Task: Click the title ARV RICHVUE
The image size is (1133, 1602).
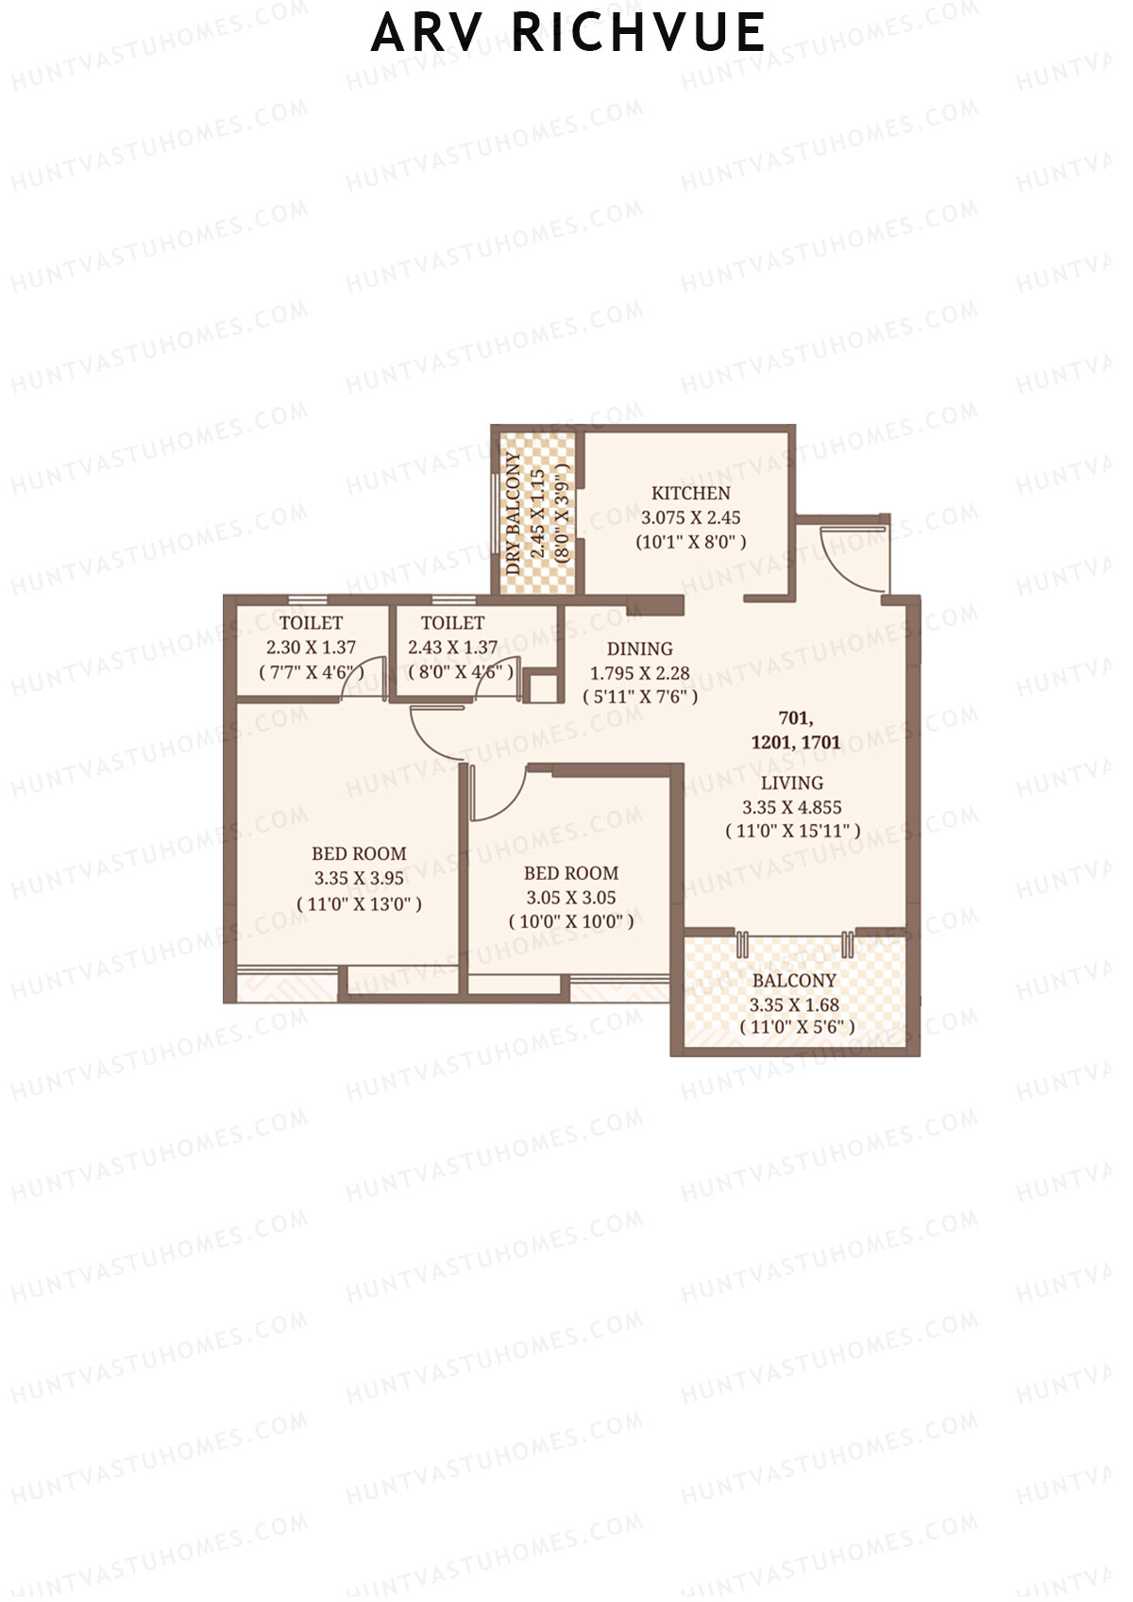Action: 567,33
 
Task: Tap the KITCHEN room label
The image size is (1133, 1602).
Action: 690,493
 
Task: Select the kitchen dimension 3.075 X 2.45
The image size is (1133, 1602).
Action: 690,517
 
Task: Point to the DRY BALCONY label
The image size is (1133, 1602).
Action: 513,513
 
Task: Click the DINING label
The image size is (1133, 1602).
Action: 639,649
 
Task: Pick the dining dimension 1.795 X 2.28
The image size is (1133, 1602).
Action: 639,673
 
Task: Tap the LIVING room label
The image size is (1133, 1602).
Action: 791,783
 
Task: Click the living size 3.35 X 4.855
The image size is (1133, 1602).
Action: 791,807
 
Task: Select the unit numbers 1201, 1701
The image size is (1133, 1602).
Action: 795,742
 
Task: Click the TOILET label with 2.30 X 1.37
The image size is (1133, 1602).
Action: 311,623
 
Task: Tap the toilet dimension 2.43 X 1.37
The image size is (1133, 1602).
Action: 452,648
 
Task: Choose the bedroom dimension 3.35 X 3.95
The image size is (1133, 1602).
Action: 359,878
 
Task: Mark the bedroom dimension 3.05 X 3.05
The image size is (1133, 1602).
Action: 570,898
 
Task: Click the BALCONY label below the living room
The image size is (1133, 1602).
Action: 794,981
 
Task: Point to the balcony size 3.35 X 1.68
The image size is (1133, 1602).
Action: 794,1005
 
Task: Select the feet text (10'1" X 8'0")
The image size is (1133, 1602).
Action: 690,542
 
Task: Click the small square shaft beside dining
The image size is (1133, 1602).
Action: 542,687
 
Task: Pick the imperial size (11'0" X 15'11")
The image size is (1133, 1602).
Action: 792,832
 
